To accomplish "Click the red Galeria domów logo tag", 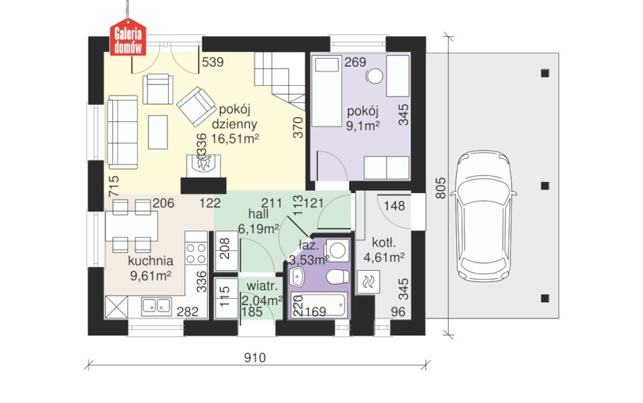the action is (128, 37).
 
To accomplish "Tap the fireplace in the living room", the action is (204, 166).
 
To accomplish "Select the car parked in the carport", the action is (484, 217).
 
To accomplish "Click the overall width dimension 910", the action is (255, 358).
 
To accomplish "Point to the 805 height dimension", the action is (440, 188).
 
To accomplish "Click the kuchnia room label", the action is (151, 260).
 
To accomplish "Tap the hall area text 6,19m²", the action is (259, 228).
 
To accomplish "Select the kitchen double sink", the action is (156, 305).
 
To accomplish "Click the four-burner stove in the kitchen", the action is (196, 253).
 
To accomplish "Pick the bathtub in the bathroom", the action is (319, 305).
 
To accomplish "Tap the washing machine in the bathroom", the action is (336, 250).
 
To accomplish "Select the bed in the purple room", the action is (327, 91).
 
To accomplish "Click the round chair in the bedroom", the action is (375, 76).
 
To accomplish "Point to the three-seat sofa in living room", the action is (122, 132).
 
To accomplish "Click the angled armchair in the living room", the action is (196, 106).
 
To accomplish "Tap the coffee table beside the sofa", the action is (158, 132).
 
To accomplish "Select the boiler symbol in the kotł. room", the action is (368, 282).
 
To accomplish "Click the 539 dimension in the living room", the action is (213, 62).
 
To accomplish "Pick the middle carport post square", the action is (545, 185).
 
